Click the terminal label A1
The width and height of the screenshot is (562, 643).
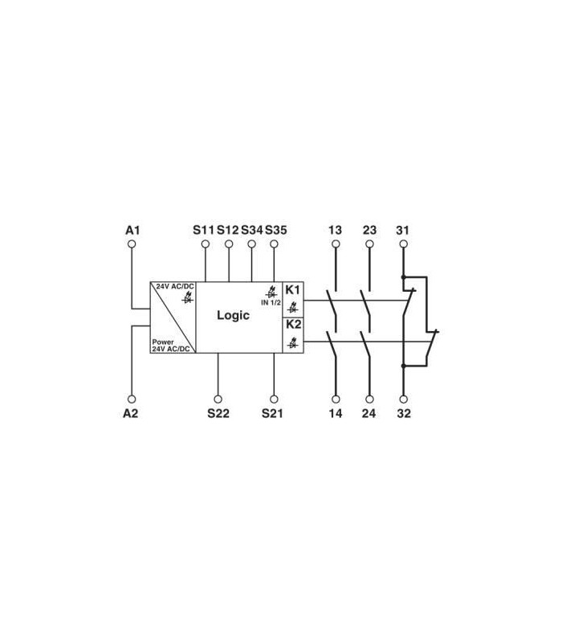[x=132, y=230]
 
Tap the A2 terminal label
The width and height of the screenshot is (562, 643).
[x=131, y=413]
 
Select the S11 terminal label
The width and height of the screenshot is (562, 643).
[x=204, y=230]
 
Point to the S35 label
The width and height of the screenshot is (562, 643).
[x=276, y=230]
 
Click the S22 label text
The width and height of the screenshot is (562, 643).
[x=218, y=413]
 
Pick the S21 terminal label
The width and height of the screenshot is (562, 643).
[x=272, y=413]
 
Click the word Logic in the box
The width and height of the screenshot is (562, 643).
[x=233, y=315]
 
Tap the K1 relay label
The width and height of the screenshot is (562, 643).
[x=293, y=290]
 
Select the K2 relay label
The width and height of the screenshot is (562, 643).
[x=293, y=325]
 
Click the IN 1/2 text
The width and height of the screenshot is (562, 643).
[x=271, y=303]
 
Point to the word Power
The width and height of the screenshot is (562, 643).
[x=163, y=342]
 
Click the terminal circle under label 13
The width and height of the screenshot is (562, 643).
[x=336, y=244]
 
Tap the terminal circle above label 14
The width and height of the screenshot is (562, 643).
[x=336, y=399]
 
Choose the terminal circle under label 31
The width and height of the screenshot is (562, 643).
[x=404, y=244]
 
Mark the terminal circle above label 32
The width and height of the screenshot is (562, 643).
[x=404, y=399]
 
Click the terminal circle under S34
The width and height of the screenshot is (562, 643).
[x=252, y=244]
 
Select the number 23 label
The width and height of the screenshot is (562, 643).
[x=369, y=230]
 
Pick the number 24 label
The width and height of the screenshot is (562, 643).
[x=369, y=413]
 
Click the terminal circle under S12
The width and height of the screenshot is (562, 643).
[x=229, y=244]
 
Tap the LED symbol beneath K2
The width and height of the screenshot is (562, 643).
[x=293, y=342]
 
